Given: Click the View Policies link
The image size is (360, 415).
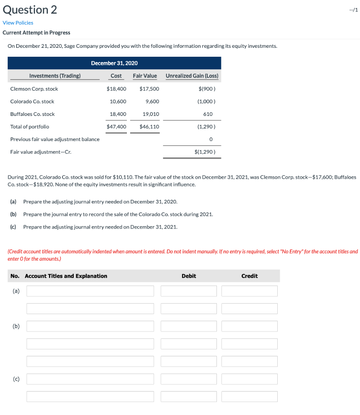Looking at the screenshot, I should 18,23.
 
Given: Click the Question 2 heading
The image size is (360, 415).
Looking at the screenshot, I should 30,10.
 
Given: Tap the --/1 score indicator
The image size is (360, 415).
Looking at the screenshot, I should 353,10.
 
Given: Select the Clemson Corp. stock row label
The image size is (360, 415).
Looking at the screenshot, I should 34,89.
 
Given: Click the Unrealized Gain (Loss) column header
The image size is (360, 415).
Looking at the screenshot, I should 192,76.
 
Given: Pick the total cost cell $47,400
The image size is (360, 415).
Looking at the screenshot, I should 116,126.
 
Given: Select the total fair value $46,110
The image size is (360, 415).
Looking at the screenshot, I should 149,126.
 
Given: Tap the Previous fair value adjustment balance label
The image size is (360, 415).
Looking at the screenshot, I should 55,139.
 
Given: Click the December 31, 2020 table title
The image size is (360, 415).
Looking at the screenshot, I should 114,63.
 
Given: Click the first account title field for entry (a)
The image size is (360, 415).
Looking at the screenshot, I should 90,291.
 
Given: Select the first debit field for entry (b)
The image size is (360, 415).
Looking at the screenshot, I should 189,326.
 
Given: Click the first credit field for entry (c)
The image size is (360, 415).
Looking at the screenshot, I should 249,379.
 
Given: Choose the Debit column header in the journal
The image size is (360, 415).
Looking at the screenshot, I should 189,276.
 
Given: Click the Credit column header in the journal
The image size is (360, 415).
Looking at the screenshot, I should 249,276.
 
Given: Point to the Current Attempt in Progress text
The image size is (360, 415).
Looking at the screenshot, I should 36,32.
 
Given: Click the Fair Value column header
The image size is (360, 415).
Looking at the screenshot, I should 145,76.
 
